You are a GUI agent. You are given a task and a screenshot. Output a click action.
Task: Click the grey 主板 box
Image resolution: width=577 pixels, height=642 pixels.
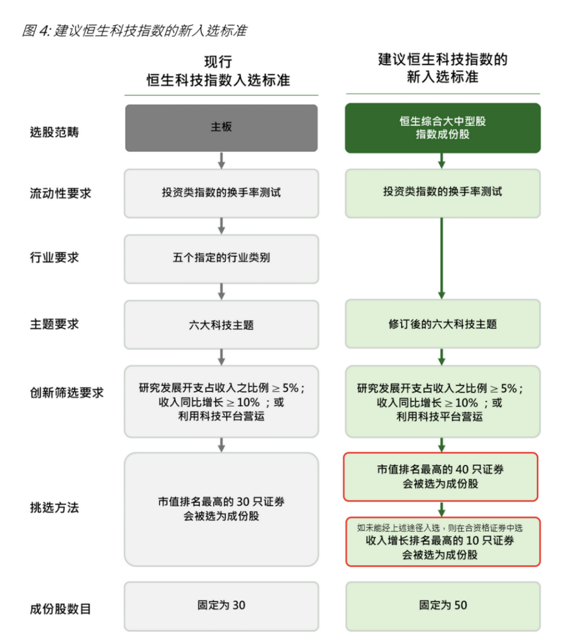pos(222,128)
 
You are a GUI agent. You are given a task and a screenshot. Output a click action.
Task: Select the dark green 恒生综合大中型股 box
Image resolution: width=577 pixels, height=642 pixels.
pos(443,128)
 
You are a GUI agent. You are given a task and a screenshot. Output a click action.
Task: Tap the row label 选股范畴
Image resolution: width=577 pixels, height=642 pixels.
pos(54,132)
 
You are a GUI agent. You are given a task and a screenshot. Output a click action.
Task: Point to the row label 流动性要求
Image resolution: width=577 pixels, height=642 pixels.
pos(61,193)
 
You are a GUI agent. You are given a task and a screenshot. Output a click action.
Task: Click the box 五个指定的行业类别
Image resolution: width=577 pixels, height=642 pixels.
pos(222,259)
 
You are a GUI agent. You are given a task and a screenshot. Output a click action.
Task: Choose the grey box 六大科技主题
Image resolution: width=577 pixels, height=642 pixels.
pos(222,324)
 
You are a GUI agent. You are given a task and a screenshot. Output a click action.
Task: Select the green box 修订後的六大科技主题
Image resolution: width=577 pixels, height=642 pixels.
pos(443,324)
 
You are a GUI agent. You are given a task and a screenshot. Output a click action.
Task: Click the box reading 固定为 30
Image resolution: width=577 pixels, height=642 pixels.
pos(222,606)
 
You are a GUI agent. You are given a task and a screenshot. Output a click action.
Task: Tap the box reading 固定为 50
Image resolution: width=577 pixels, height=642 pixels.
pos(443,606)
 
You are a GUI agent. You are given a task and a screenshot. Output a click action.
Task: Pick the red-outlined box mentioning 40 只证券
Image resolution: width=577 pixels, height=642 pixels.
pos(441,476)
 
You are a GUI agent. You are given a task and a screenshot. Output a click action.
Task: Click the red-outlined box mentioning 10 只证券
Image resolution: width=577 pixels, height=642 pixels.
pos(443,542)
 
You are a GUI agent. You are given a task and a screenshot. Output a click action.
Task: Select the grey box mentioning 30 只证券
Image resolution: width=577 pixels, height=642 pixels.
pos(222,509)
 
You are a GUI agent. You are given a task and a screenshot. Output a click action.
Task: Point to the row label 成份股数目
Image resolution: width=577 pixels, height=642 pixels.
pos(61,609)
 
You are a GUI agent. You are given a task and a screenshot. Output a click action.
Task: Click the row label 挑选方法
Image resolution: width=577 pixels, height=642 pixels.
pos(54,507)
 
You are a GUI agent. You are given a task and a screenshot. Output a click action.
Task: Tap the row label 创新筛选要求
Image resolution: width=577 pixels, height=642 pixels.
pos(67,393)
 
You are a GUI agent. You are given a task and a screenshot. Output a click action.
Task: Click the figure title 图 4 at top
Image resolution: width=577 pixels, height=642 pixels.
pos(134,30)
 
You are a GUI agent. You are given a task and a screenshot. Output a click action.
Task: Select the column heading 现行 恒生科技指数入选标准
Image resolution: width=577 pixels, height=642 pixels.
pos(219,71)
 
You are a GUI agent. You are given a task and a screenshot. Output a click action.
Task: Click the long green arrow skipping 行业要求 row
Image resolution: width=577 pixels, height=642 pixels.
pos(441,258)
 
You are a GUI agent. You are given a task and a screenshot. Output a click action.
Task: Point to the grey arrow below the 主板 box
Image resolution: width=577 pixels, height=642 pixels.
pos(222,160)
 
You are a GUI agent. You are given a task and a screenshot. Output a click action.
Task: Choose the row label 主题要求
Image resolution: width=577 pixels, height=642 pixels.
pos(54,324)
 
